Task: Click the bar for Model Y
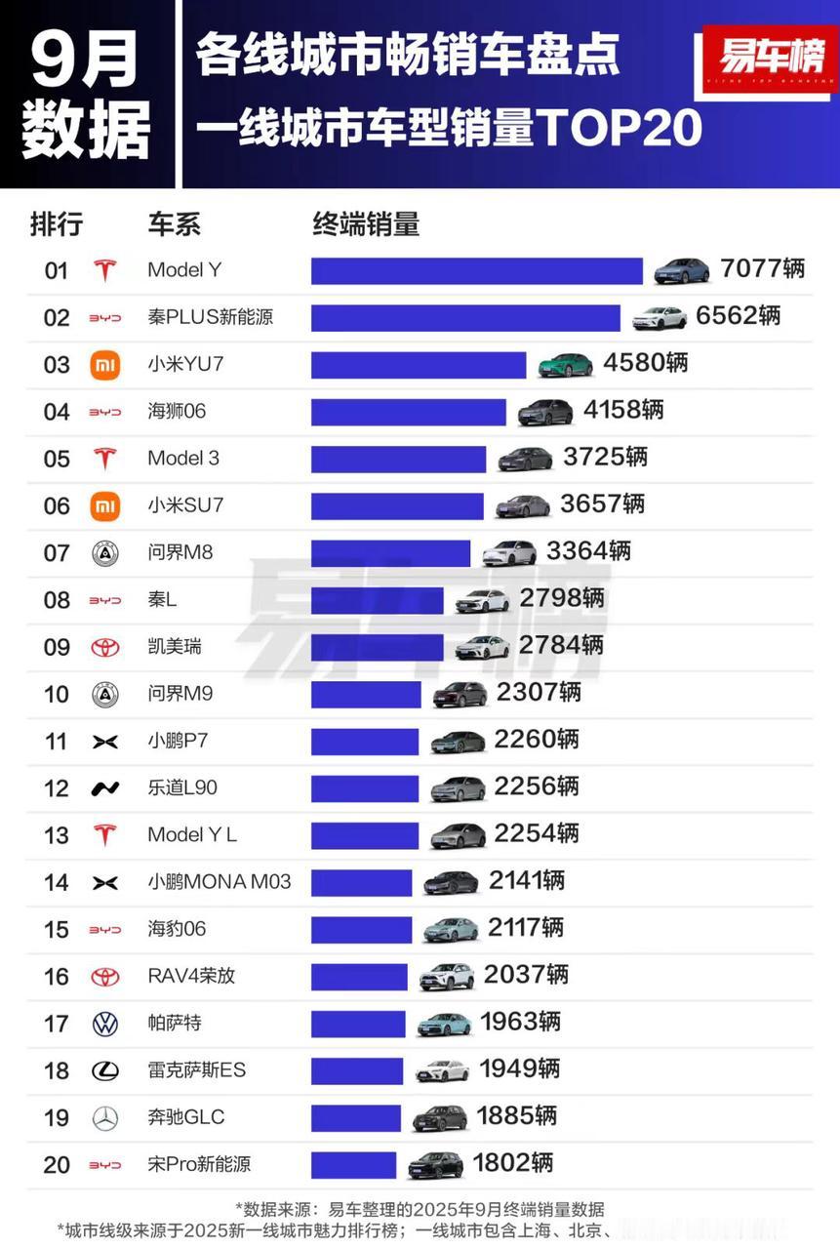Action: pos(476,270)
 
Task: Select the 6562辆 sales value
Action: pos(738,317)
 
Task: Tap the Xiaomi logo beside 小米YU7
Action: pos(104,365)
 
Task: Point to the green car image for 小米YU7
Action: pos(565,365)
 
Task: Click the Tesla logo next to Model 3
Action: pos(104,459)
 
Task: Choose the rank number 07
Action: pos(57,553)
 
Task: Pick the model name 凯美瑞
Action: pos(175,647)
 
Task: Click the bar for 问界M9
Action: pos(366,694)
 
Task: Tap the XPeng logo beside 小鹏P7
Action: pos(104,742)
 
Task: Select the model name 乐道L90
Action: pos(182,788)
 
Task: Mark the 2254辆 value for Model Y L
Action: pos(536,834)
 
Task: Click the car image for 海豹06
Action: pos(451,929)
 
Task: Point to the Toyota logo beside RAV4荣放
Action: pos(104,977)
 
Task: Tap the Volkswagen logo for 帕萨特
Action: pos(104,1024)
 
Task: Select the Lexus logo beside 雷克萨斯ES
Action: pos(104,1070)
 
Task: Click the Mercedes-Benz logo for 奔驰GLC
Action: pos(104,1118)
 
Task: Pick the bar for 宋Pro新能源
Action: pos(354,1165)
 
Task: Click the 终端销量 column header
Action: pos(366,224)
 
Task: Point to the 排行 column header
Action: pos(57,224)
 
